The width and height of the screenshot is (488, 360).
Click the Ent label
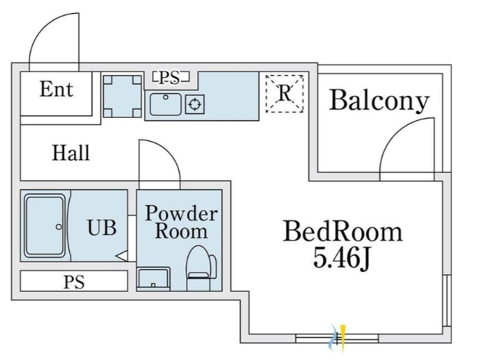[56, 89]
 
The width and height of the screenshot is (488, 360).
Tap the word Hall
[71, 153]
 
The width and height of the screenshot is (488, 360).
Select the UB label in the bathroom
[102, 227]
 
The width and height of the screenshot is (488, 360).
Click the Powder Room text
[180, 223]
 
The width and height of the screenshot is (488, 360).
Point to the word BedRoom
[343, 231]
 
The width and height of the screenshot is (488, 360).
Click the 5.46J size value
[342, 257]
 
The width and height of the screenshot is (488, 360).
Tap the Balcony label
[378, 100]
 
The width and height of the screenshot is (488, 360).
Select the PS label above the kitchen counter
[171, 76]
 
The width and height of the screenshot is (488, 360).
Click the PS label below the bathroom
[73, 281]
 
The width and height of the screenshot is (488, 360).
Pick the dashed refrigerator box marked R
[284, 93]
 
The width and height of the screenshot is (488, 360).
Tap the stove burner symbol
[195, 104]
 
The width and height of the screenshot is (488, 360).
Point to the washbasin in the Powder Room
[153, 278]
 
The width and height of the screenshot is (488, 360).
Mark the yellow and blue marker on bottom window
[339, 335]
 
